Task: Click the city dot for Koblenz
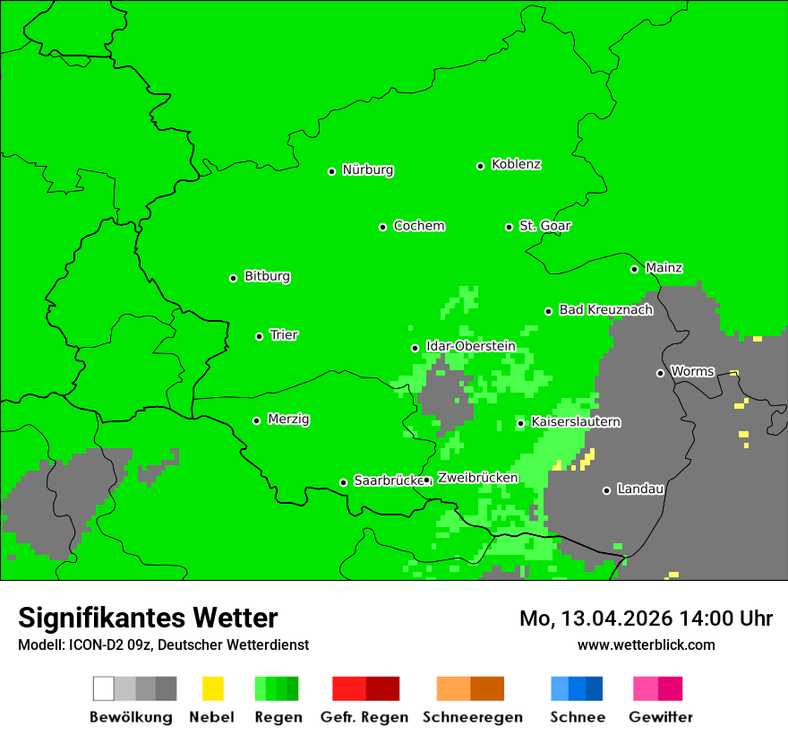coord(481,166)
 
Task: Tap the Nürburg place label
coord(367,170)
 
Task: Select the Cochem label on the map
coord(419,226)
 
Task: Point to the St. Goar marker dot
coord(509,227)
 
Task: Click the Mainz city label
coord(664,268)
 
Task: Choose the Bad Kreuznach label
coord(605,310)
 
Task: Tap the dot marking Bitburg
coord(234,278)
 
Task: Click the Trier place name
coord(284,335)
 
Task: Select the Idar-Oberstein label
coord(470,347)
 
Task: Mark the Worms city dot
coord(660,373)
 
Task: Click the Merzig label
coord(288,420)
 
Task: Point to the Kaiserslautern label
coord(576,422)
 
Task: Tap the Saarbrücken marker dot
coord(343,482)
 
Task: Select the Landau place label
coord(640,489)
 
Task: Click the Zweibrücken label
coord(477,479)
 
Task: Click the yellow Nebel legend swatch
coord(212,688)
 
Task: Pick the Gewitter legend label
coord(661,717)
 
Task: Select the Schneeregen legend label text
coord(473,717)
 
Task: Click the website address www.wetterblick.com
coord(646,645)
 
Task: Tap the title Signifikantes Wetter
coord(148,618)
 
